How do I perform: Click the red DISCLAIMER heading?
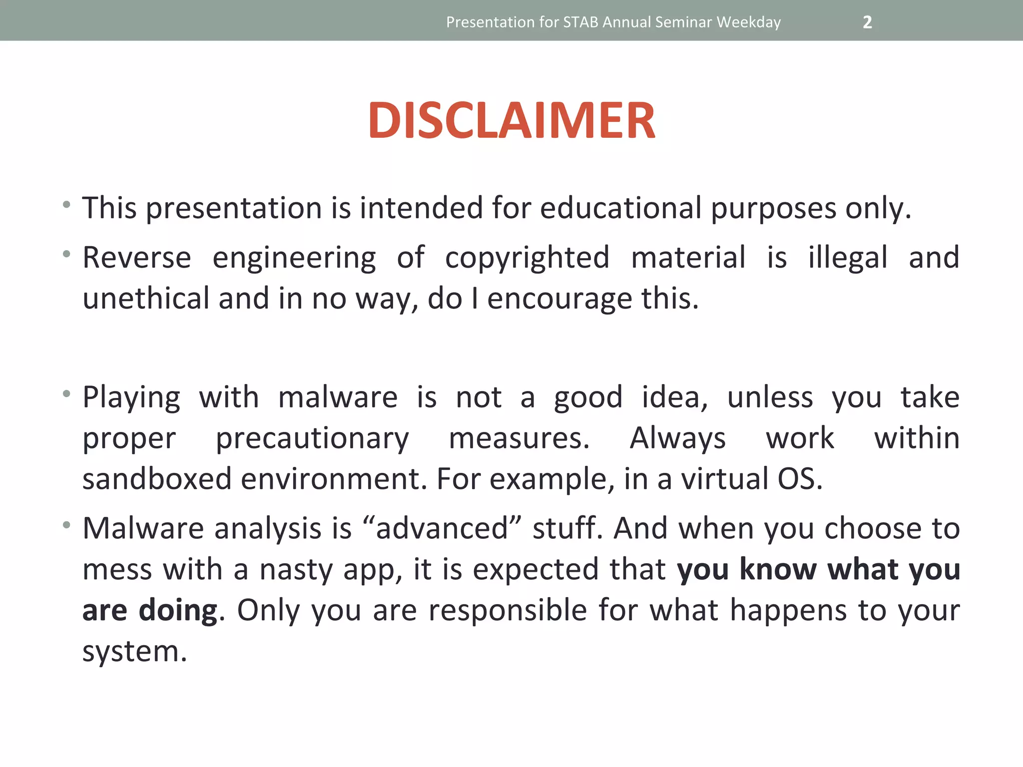(511, 120)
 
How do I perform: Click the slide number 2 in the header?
(867, 22)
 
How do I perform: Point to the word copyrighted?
(527, 258)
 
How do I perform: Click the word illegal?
(848, 258)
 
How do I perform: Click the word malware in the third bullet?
(338, 398)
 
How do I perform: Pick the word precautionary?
(312, 439)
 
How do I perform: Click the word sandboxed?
(157, 479)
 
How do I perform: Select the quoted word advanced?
(442, 529)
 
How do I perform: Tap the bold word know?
(778, 569)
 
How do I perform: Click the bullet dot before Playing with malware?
(66, 394)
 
